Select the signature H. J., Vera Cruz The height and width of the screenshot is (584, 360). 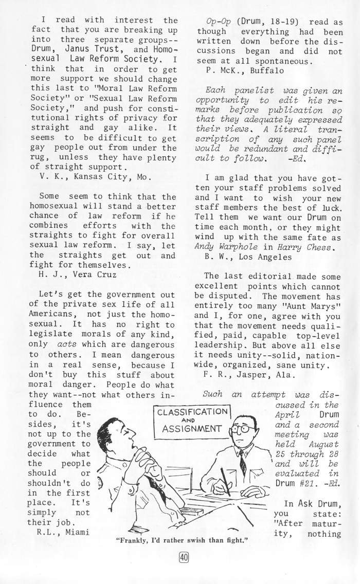pyautogui.click(x=77, y=274)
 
